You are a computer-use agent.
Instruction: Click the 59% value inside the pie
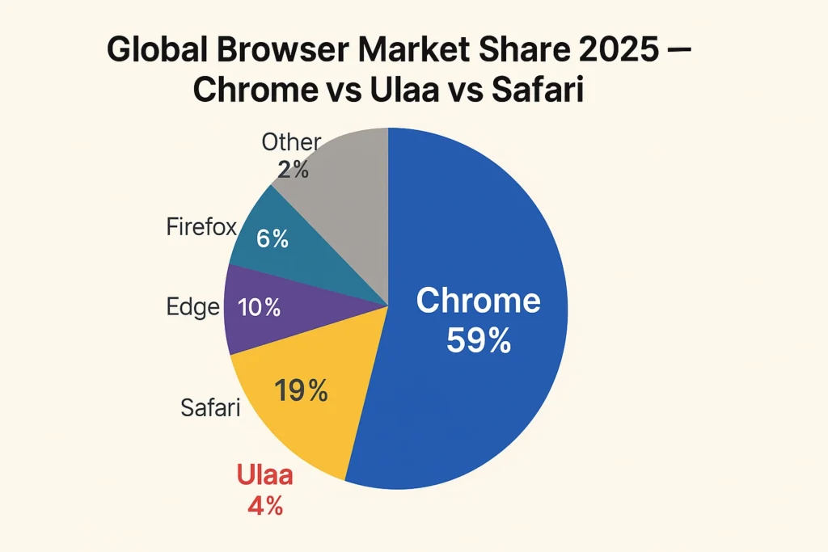tap(478, 340)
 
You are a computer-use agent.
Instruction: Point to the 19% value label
tap(301, 391)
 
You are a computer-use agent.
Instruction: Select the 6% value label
tap(272, 239)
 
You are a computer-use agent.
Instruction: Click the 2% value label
tap(292, 170)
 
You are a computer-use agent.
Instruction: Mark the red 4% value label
tap(264, 507)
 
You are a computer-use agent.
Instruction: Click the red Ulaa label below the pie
tap(264, 475)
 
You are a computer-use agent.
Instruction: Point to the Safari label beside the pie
tap(209, 408)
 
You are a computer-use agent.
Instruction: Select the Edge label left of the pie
tap(193, 307)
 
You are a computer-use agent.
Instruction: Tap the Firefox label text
tap(201, 227)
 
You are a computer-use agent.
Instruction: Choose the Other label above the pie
tap(291, 143)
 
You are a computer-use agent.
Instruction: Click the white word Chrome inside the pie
tap(478, 301)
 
